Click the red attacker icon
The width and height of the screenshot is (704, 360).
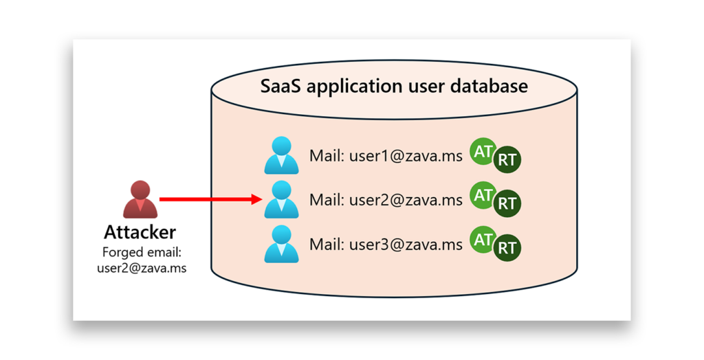point(140,199)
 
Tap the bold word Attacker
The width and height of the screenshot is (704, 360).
point(140,232)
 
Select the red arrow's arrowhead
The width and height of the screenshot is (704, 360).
point(257,199)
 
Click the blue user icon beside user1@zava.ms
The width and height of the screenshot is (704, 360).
point(281,156)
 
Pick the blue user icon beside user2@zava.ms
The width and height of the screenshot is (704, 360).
point(281,199)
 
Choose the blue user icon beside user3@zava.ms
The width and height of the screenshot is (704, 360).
point(281,243)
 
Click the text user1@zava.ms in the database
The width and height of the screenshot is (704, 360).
point(406,156)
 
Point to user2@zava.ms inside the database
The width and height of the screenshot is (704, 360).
point(406,200)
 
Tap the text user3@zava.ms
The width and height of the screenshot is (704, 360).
point(406,244)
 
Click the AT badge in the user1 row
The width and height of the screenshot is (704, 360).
point(483,152)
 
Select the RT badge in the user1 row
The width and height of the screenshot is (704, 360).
point(507,160)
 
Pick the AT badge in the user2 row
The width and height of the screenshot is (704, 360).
point(483,195)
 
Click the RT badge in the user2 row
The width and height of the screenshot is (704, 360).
point(507,204)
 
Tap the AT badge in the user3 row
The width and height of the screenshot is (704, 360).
point(483,239)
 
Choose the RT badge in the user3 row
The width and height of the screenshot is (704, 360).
point(507,248)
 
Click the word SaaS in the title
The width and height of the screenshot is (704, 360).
point(280,87)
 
